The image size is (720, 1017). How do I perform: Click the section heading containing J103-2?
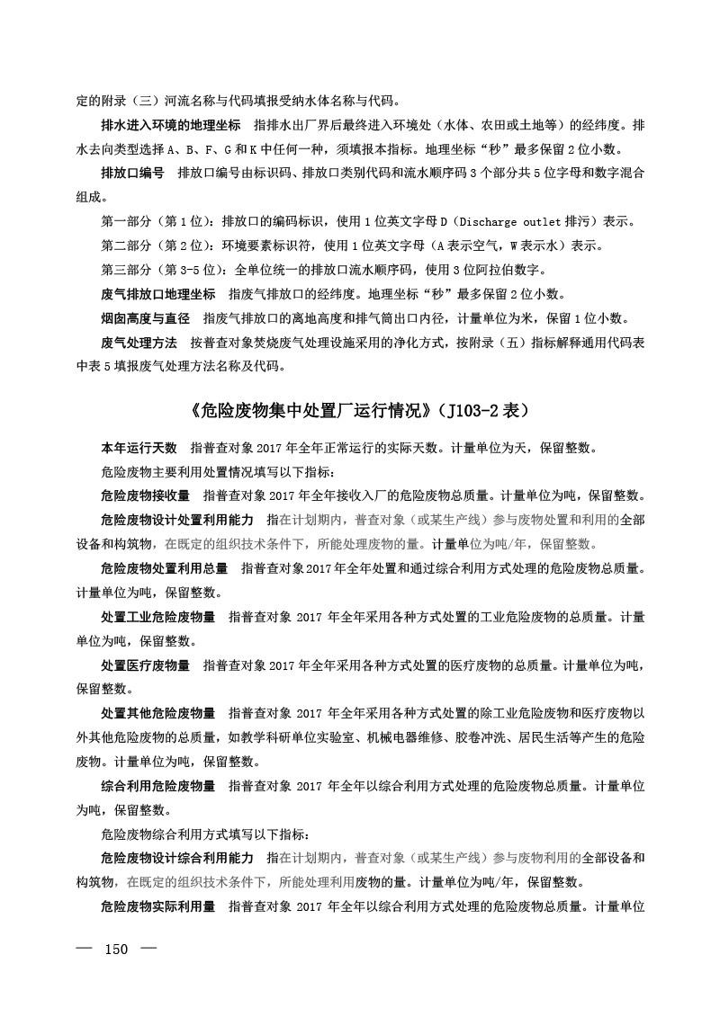click(x=360, y=411)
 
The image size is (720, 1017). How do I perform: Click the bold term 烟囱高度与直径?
click(x=146, y=318)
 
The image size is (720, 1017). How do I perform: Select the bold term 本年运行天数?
click(x=139, y=447)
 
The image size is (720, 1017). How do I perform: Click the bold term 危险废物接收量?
click(x=146, y=495)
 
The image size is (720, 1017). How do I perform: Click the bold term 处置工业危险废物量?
click(x=158, y=617)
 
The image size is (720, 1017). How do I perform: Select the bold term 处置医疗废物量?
click(x=146, y=665)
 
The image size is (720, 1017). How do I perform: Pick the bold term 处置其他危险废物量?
click(x=158, y=714)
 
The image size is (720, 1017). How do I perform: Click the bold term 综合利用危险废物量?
click(x=158, y=786)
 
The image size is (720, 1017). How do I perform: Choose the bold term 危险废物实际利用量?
click(x=158, y=906)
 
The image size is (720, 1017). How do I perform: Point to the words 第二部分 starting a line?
click(x=127, y=245)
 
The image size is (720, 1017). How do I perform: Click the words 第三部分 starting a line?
click(x=127, y=270)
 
